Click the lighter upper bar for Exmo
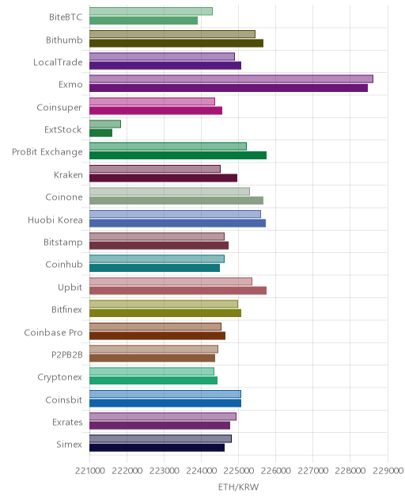click(x=231, y=79)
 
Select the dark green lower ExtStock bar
click(x=100, y=133)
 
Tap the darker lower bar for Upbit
click(x=178, y=290)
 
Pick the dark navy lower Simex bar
click(x=157, y=448)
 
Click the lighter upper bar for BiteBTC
click(x=151, y=11)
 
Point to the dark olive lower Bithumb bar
click(x=176, y=43)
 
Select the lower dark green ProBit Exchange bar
click(x=178, y=155)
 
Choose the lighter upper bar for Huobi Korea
click(x=175, y=214)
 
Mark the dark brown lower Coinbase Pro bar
click(x=157, y=335)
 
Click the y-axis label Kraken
click(x=68, y=174)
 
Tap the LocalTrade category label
click(x=58, y=62)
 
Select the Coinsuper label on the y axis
click(x=59, y=107)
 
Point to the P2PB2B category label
click(x=67, y=354)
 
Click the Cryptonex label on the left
click(x=60, y=377)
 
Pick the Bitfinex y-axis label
click(x=67, y=309)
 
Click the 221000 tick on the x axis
click(x=89, y=471)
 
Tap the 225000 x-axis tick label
click(x=239, y=471)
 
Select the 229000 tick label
click(x=388, y=471)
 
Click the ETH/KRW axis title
click(x=239, y=487)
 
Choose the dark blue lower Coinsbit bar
click(x=165, y=403)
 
